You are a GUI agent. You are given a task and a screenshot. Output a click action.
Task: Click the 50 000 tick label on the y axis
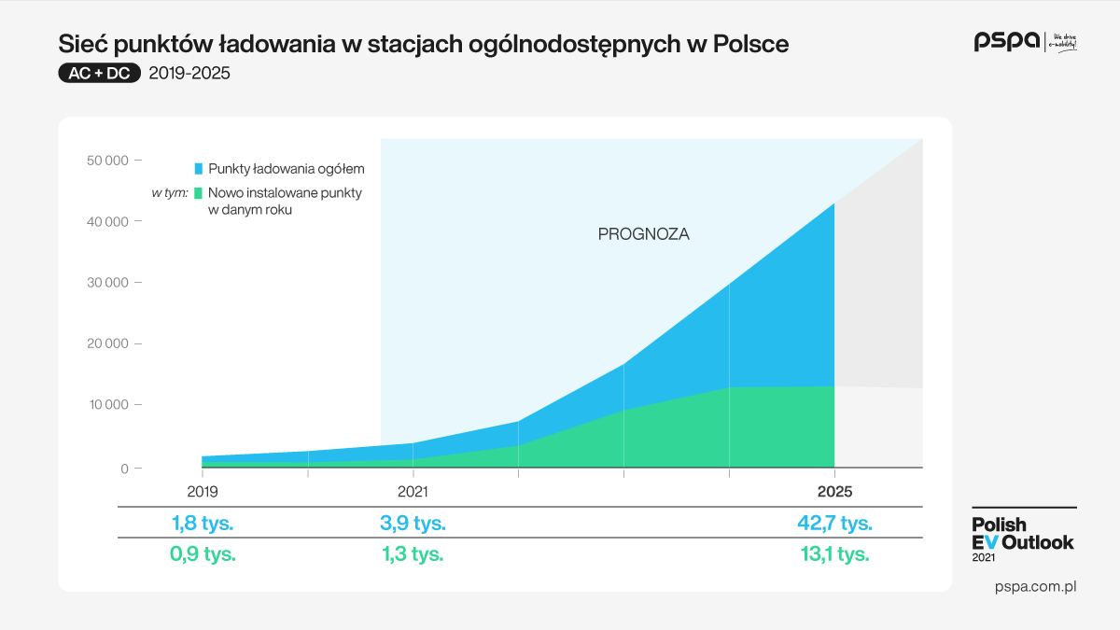click(107, 161)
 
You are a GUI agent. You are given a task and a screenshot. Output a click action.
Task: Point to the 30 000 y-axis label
click(107, 283)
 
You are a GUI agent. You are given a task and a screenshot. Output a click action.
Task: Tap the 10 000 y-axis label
click(107, 405)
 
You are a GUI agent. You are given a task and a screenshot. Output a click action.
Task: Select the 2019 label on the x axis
click(203, 491)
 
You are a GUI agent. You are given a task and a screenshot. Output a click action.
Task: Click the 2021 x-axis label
click(413, 491)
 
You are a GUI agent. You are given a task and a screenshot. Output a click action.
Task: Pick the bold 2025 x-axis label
click(834, 491)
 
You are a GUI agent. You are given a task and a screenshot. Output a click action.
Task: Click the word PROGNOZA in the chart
click(643, 234)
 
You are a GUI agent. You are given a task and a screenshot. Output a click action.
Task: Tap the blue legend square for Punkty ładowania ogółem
click(199, 169)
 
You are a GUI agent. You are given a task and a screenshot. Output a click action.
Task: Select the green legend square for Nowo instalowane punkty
click(199, 193)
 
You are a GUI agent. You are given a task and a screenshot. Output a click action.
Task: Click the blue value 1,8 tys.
click(203, 523)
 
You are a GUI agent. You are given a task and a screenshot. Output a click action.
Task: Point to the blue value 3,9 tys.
click(413, 523)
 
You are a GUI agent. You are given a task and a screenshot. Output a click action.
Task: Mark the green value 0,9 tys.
click(203, 553)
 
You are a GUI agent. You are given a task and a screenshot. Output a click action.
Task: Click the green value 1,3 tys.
click(413, 553)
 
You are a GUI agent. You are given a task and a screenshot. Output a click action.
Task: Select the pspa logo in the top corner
click(1007, 41)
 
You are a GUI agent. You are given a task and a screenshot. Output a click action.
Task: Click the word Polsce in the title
click(751, 44)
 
